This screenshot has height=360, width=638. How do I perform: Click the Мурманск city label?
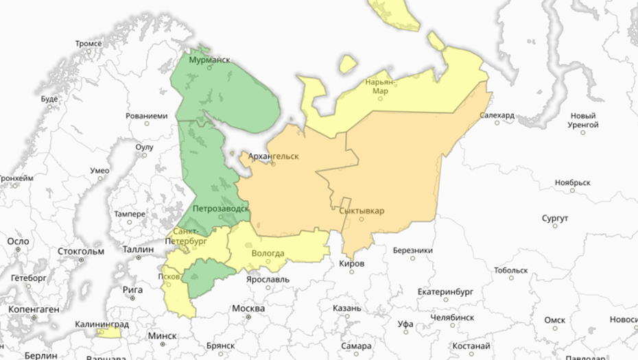209,60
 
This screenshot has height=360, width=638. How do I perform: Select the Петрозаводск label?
218,208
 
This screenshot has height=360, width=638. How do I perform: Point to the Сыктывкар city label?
362,211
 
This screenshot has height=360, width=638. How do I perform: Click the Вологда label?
268,254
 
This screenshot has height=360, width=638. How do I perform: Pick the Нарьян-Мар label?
381,86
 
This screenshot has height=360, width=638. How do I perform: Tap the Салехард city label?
497,115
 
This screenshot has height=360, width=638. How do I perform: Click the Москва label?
248,309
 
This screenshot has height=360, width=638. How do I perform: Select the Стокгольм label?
81,251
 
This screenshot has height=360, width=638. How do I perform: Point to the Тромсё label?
88,44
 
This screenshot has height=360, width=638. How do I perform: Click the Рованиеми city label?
147,116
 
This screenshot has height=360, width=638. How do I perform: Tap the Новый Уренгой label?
583,120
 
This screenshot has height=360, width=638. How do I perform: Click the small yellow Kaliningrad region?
109,333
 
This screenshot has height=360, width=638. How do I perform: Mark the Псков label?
168,277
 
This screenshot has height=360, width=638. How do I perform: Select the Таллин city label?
138,249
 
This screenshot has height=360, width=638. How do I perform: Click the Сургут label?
555,218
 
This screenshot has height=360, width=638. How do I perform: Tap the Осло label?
19,241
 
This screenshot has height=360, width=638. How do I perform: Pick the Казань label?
347,308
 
